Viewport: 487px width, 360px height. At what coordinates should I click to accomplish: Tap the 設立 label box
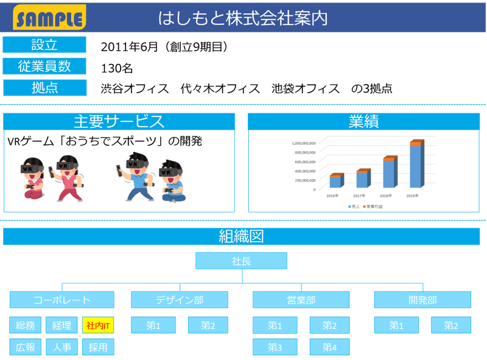(44, 45)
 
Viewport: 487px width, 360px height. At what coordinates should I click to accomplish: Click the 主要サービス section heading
(119, 121)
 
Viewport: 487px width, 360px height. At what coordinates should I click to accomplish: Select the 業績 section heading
(363, 121)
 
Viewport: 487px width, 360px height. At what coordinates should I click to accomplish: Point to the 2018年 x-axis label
(385, 196)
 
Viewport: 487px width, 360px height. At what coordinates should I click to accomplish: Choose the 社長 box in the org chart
(241, 261)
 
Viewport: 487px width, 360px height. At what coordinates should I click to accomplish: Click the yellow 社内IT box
(98, 326)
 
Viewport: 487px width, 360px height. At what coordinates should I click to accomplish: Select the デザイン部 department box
(179, 300)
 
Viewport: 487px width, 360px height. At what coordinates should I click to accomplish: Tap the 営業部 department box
(301, 300)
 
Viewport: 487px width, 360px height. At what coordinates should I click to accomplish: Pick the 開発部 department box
(422, 300)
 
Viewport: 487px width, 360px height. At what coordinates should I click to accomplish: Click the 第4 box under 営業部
(329, 347)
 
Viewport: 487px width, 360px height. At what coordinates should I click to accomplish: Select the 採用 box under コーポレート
(98, 347)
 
